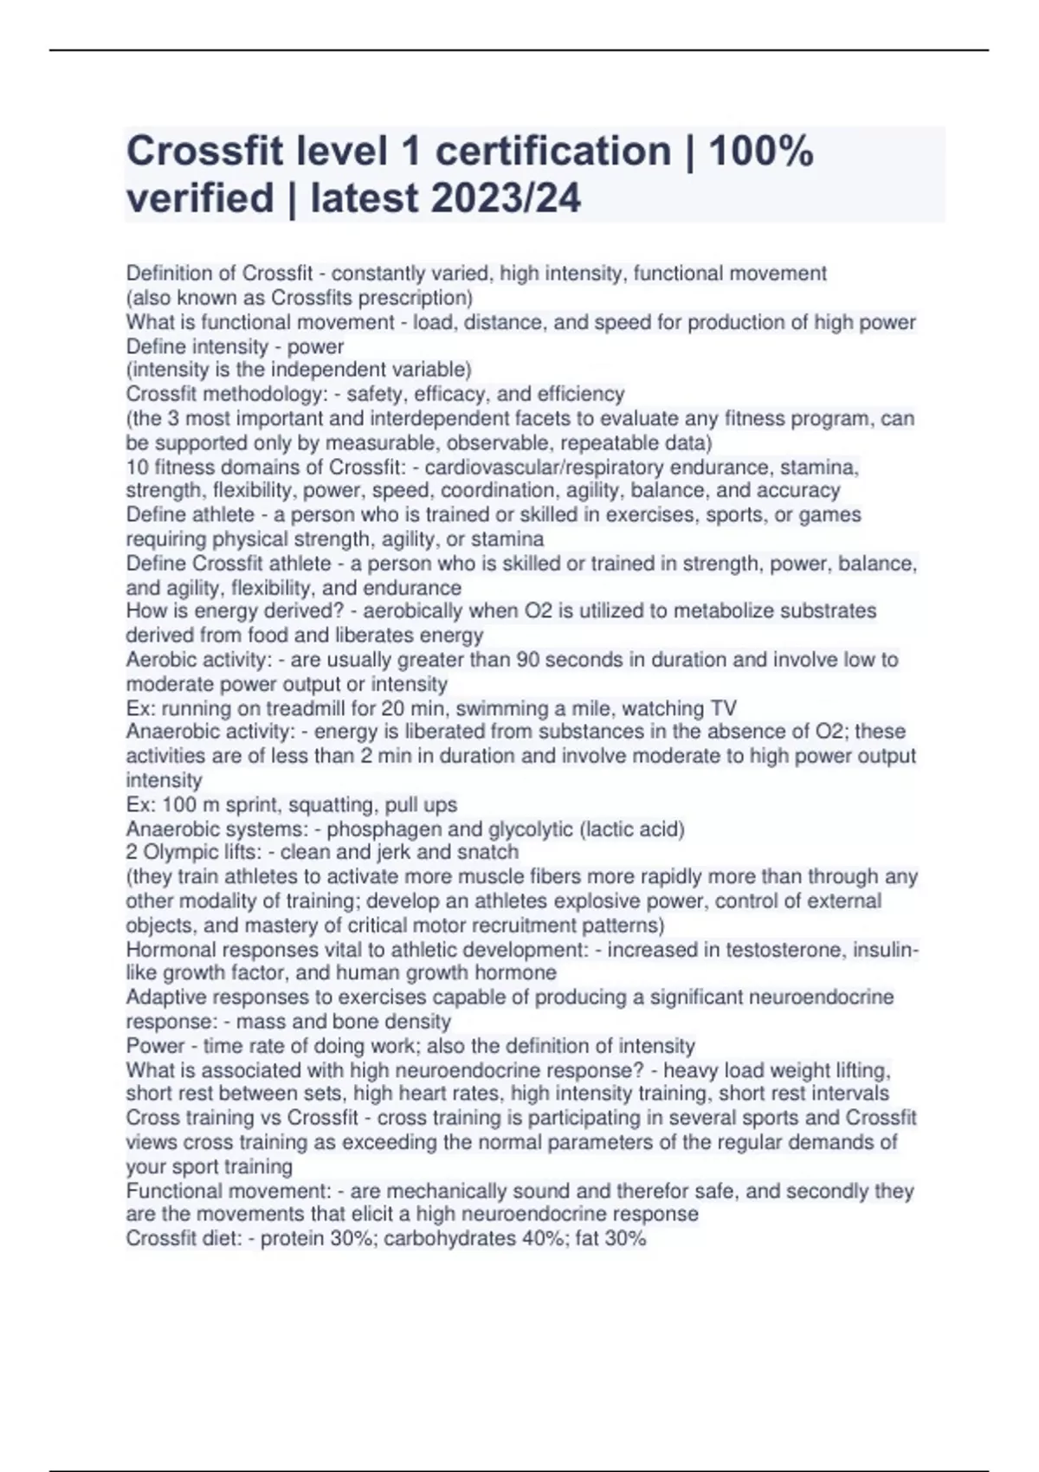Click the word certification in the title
(x=552, y=152)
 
